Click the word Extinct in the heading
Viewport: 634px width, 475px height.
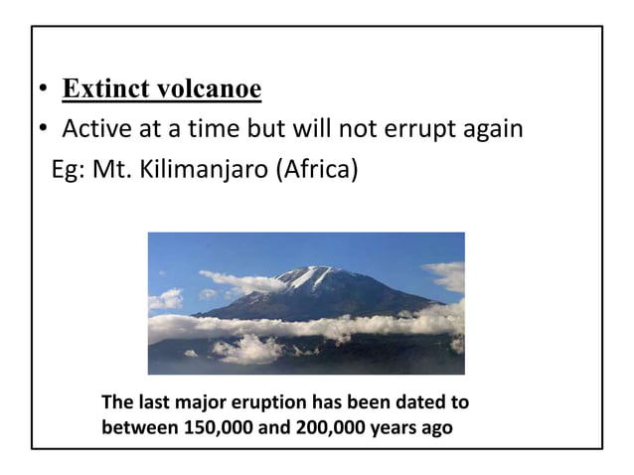pos(102,90)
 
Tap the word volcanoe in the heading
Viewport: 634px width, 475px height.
pos(207,90)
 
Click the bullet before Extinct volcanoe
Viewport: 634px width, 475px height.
pos(44,93)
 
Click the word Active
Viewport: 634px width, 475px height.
pos(95,129)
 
